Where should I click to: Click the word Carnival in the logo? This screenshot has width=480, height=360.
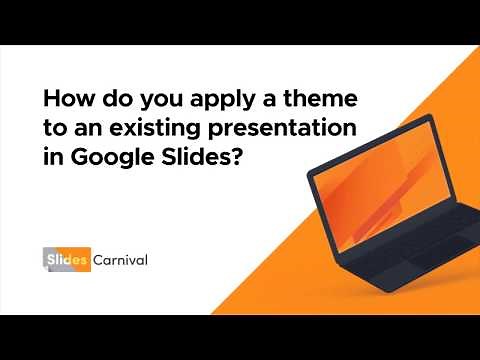122,260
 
